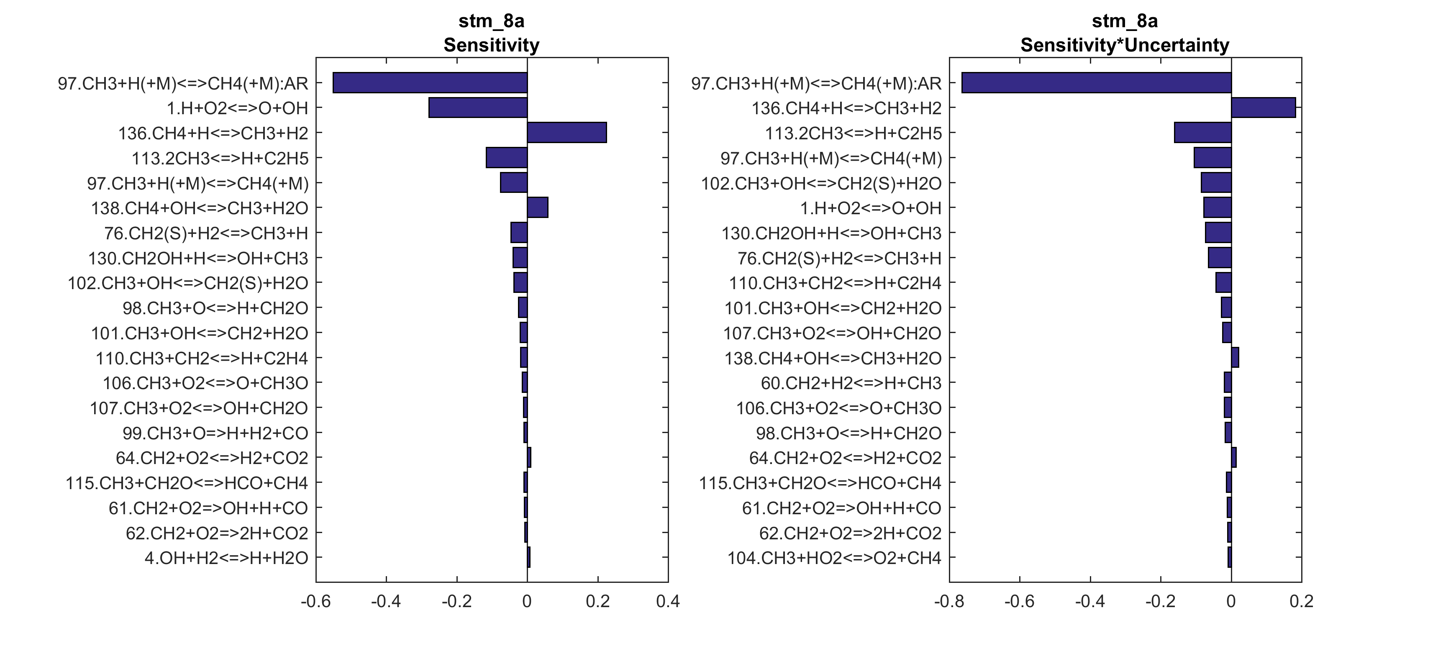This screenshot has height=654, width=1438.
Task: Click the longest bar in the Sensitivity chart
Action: (x=430, y=83)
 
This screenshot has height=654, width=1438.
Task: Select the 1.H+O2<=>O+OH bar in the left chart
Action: (x=478, y=108)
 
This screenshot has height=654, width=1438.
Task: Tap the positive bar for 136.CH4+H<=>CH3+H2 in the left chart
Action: (x=566, y=133)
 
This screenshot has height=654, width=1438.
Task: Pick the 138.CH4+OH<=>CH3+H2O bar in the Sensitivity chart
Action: (x=538, y=208)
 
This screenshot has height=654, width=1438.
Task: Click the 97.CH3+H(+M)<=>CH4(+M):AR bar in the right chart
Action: (x=1096, y=83)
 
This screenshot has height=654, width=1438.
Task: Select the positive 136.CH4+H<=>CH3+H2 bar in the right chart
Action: (x=1263, y=108)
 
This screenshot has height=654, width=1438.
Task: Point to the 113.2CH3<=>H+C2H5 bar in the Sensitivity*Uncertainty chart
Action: (x=1202, y=133)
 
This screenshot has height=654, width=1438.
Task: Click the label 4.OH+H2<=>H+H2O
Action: (x=226, y=558)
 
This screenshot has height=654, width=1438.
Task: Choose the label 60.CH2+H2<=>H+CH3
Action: (x=851, y=383)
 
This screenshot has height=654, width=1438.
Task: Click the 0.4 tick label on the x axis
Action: (x=668, y=602)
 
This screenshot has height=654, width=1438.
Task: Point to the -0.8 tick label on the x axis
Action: (x=949, y=602)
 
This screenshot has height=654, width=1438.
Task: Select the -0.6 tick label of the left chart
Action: (x=315, y=602)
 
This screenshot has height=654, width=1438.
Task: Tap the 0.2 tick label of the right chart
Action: (x=1301, y=602)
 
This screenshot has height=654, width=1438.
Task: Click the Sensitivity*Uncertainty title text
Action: (x=1125, y=45)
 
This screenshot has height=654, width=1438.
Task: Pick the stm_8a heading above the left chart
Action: (x=491, y=21)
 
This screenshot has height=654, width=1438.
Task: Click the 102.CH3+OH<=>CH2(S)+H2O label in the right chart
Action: (x=821, y=183)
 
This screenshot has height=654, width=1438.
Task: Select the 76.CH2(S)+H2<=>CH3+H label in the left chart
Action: (x=206, y=233)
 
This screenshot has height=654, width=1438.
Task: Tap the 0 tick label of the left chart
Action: (x=527, y=602)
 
